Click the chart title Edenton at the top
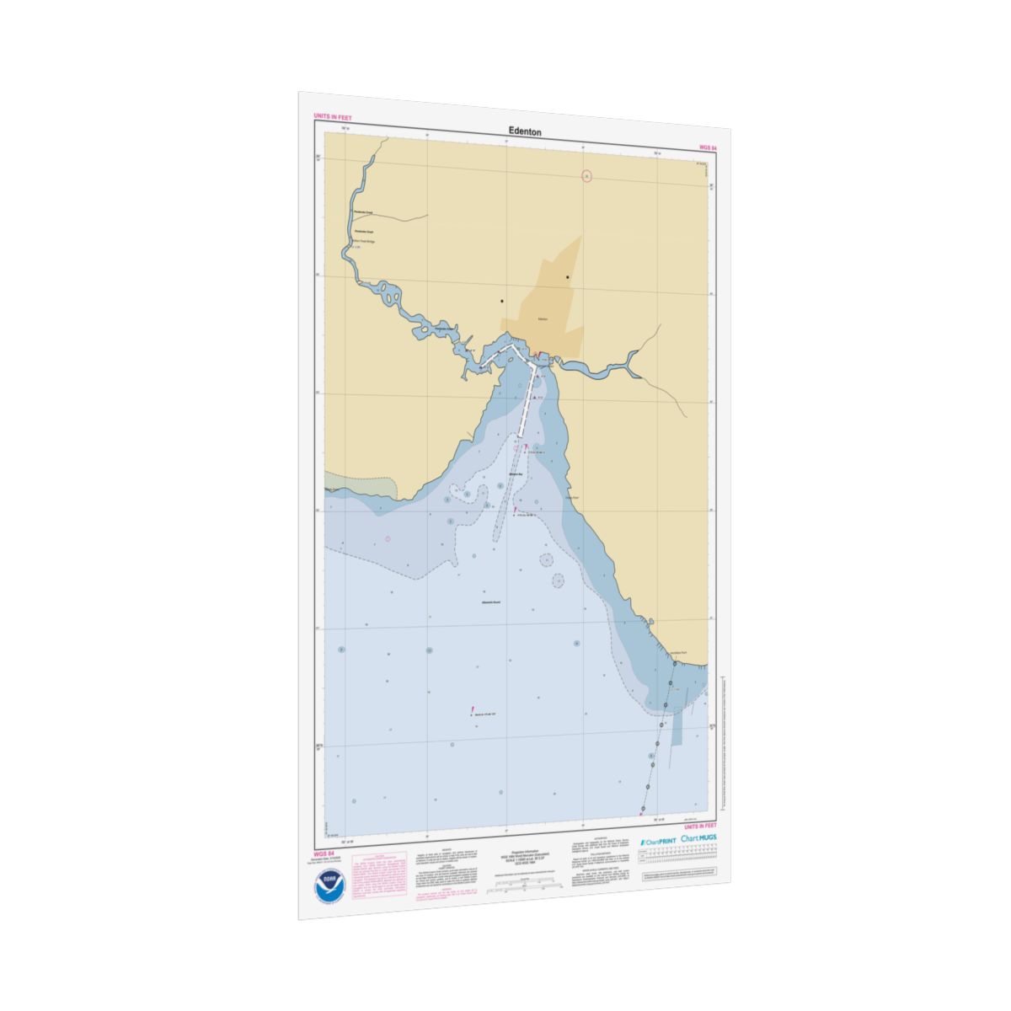(x=525, y=131)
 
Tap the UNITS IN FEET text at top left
(x=332, y=116)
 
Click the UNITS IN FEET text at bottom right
(x=700, y=827)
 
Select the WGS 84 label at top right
(x=707, y=147)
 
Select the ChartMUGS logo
(x=700, y=839)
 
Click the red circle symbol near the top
(x=587, y=176)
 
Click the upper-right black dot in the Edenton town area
(x=568, y=277)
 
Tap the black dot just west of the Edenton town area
(x=502, y=301)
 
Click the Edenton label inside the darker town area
(x=543, y=319)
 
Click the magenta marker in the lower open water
(x=473, y=710)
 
